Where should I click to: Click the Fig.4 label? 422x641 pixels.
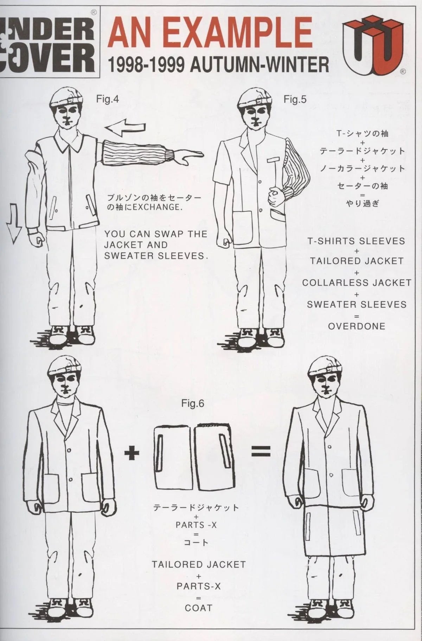coord(108,99)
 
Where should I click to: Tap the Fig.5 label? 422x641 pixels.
coord(295,99)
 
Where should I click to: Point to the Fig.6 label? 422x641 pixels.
coord(193,403)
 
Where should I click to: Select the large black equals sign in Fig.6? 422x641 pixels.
coord(261,451)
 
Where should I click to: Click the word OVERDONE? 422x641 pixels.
coord(357,326)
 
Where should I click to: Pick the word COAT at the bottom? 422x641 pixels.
coord(199,608)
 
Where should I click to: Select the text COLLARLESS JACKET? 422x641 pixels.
coord(357,283)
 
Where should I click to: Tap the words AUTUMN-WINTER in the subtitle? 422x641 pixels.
coord(260,65)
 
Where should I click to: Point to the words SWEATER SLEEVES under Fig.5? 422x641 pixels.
coord(357,304)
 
